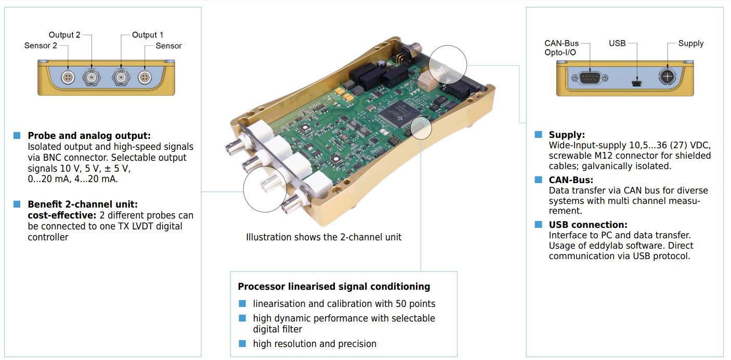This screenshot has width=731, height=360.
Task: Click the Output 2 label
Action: click(x=64, y=35)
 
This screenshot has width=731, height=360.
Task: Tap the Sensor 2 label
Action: click(x=41, y=46)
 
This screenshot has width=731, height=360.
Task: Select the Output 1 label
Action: click(x=148, y=35)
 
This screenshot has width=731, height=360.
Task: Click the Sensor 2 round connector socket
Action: click(x=67, y=78)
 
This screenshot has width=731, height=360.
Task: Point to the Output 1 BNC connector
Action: click(x=121, y=78)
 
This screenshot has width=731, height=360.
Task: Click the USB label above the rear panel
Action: click(x=617, y=43)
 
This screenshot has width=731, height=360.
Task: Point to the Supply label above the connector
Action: click(x=690, y=43)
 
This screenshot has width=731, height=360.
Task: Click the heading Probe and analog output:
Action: click(x=89, y=136)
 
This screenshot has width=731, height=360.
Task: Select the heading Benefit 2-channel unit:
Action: click(x=82, y=204)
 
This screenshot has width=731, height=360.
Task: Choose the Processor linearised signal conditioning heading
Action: click(x=334, y=287)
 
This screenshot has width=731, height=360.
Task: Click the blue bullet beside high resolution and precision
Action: click(x=242, y=343)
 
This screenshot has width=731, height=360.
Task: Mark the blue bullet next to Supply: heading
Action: click(x=539, y=135)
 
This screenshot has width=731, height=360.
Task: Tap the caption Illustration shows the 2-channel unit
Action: click(x=323, y=237)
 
